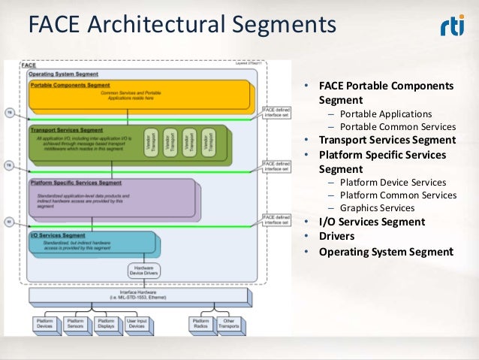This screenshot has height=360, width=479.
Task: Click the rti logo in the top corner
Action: [451, 27]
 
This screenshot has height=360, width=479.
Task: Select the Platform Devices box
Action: [44, 323]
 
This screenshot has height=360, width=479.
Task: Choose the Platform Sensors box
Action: [75, 323]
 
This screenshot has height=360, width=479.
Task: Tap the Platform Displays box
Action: [107, 323]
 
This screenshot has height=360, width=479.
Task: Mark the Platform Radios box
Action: [200, 323]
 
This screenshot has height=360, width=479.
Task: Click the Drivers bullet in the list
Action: [337, 237]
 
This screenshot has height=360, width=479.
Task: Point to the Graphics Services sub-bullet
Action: [376, 208]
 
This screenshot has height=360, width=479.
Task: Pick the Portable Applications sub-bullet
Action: [385, 113]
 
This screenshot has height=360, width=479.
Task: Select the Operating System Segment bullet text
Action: [386, 252]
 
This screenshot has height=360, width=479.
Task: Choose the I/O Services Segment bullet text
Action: [372, 222]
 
